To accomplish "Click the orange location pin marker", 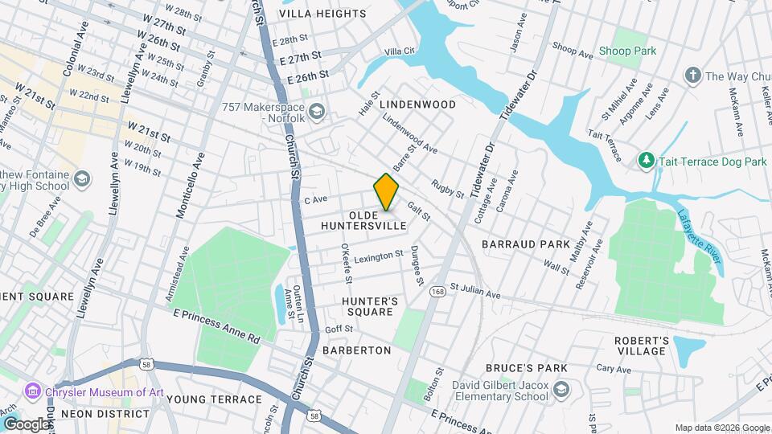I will coord(386,192).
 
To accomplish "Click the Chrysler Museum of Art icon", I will coord(33,391).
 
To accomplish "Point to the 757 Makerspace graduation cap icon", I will coord(317,110).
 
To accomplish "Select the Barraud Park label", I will coord(525,244).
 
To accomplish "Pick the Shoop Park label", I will coord(627,51).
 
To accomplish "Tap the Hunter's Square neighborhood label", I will coord(370,307).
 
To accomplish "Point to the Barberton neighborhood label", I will coord(356,350).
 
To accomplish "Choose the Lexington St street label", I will coord(378,256).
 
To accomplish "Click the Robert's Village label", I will coord(641,346).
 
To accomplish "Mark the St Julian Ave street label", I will coord(474,291).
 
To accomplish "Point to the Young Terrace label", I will coord(215,399).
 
